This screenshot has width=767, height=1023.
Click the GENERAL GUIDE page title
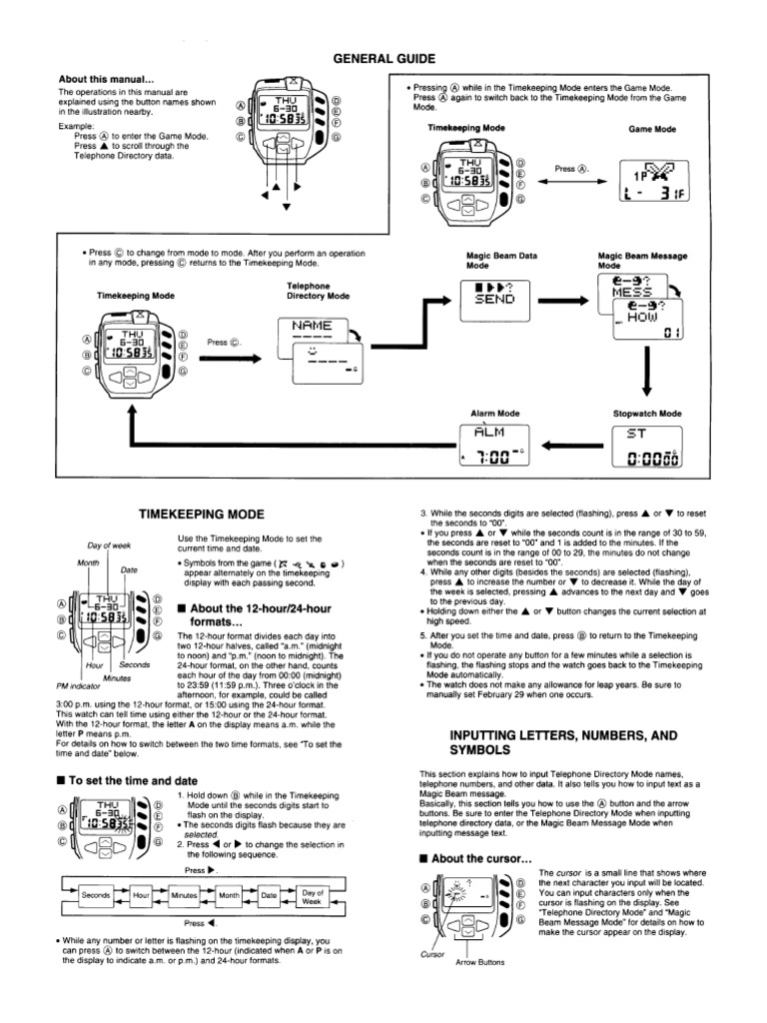pyautogui.click(x=383, y=59)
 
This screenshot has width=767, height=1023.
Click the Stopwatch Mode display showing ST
pyautogui.click(x=645, y=445)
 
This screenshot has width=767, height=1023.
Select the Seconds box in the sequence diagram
pyautogui.click(x=96, y=895)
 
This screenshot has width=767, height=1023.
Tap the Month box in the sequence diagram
pyautogui.click(x=229, y=895)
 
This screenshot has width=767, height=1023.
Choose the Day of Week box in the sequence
pyautogui.click(x=313, y=895)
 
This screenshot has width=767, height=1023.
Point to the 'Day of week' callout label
pyautogui.click(x=109, y=545)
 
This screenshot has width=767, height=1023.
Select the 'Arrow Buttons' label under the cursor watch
pyautogui.click(x=479, y=963)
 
